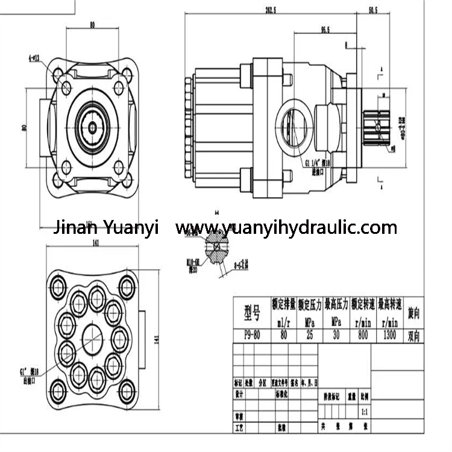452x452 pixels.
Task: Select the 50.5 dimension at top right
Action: coord(372,10)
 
